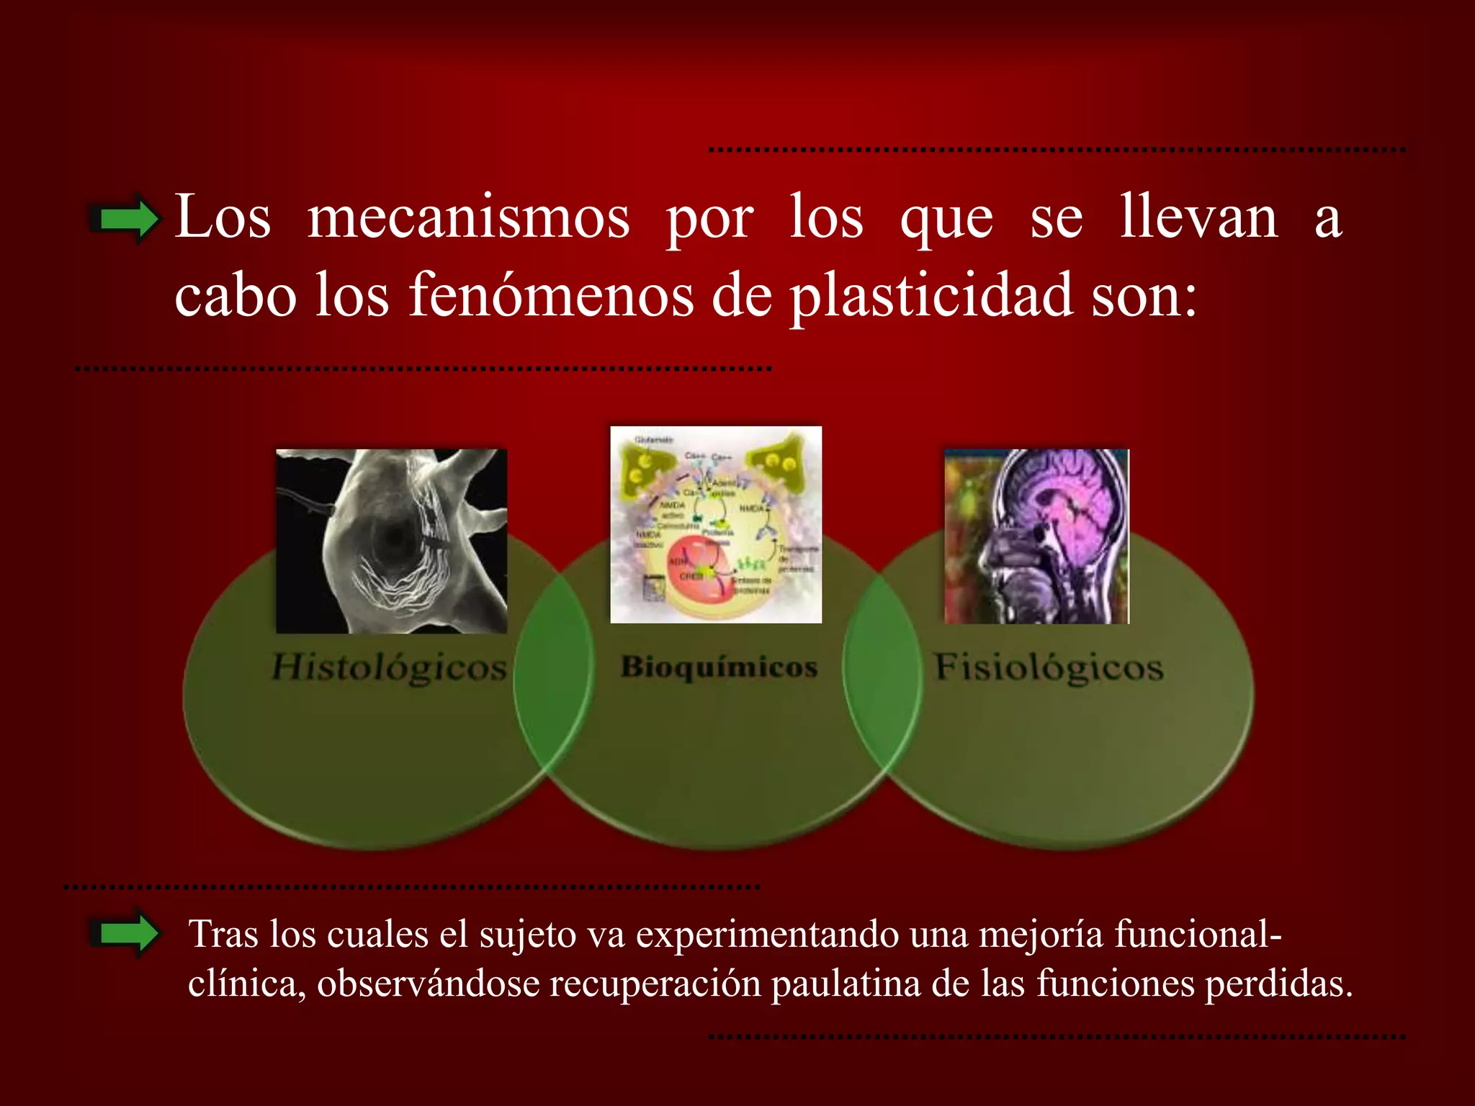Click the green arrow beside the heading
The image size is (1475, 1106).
125,218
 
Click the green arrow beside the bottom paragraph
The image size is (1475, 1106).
124,934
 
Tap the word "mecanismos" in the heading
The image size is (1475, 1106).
468,218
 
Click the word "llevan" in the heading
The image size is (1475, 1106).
1198,217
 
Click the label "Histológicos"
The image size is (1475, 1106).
389,667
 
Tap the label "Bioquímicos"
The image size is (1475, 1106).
719,667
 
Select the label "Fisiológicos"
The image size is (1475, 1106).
1049,667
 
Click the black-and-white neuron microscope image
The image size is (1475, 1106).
392,541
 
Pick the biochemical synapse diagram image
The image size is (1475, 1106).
716,524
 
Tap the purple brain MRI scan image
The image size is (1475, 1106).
1036,536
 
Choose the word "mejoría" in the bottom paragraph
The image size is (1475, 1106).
1041,935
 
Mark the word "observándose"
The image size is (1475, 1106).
428,984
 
